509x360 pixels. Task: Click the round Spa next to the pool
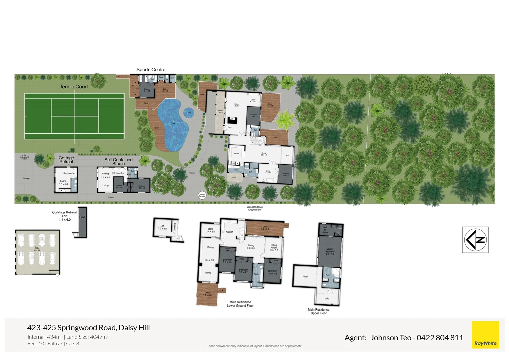tap(189, 113)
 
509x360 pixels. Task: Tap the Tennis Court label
tap(74, 87)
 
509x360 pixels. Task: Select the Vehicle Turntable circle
tap(202, 195)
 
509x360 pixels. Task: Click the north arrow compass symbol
tap(475, 240)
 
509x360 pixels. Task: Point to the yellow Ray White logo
tap(485, 335)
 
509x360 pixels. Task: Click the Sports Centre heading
tap(151, 70)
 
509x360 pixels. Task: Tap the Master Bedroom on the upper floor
tap(330, 251)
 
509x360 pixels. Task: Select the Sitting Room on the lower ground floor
tap(273, 247)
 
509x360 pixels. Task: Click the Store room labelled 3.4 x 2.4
tap(210, 230)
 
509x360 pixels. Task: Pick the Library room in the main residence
tap(253, 100)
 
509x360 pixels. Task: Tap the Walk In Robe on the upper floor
tap(325, 230)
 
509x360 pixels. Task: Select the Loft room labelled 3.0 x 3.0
tap(163, 227)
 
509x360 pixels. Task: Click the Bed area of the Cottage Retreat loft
tap(82, 217)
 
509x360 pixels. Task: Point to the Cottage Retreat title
tap(66, 160)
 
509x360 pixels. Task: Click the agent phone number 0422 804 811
tap(440, 338)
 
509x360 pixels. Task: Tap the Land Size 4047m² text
tap(87, 337)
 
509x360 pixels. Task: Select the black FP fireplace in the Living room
tap(232, 119)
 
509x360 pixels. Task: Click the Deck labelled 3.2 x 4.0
tap(207, 294)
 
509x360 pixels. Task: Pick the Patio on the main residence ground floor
tap(234, 177)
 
